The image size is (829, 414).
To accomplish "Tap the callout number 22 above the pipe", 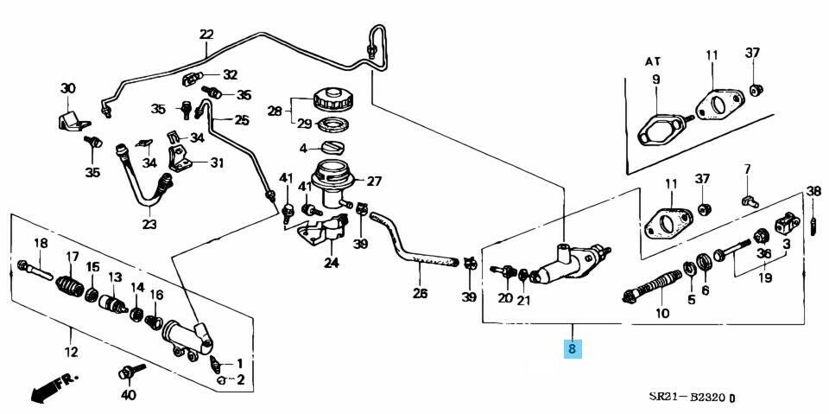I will click(x=206, y=35).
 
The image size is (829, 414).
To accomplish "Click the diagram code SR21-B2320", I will click(x=688, y=398).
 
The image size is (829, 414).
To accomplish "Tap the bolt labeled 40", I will click(x=128, y=373).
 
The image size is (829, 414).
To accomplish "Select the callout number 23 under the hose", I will click(x=149, y=224).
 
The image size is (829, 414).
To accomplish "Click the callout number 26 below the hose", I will click(x=420, y=293).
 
